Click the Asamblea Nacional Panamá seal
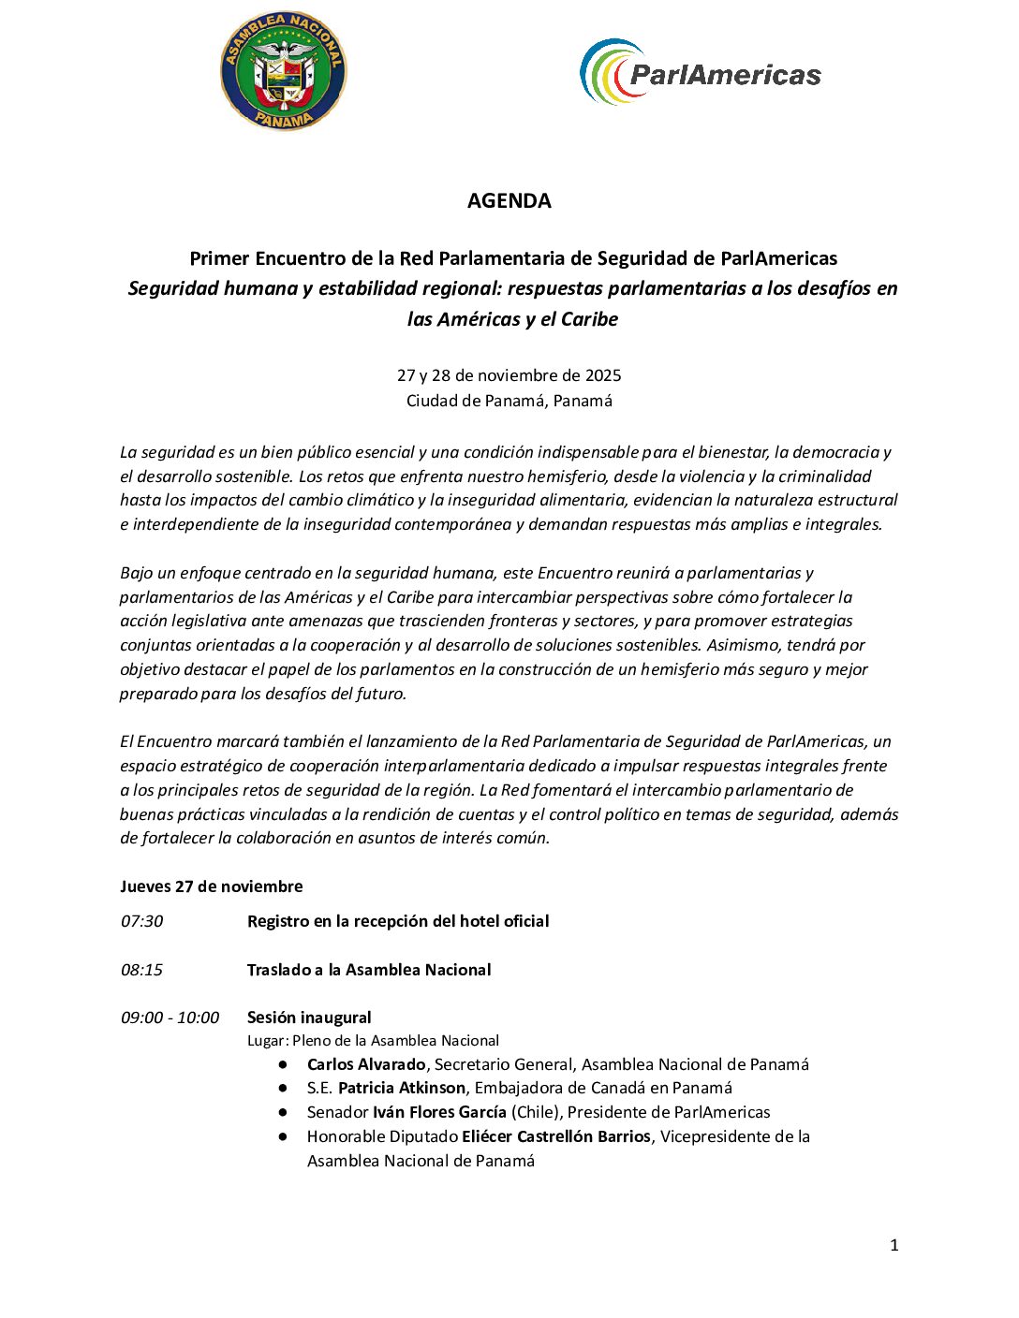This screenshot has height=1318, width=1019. point(283,72)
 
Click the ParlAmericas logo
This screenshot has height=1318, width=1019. point(700,72)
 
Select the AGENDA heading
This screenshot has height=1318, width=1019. point(509,200)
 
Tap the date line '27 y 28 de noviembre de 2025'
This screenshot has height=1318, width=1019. point(509,375)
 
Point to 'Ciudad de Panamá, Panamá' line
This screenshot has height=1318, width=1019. point(509,401)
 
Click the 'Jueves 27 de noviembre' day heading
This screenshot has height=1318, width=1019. point(211,886)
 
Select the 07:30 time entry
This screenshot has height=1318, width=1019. point(141,921)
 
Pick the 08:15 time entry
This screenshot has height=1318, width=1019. point(141,970)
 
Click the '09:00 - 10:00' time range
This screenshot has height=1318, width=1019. point(170,1018)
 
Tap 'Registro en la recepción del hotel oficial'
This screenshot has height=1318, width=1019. point(398,921)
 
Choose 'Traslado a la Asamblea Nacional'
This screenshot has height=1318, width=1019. point(369,970)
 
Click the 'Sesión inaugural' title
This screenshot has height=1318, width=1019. point(309,1018)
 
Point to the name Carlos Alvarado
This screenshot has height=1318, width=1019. point(366,1064)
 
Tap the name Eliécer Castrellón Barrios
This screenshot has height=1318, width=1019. point(555,1136)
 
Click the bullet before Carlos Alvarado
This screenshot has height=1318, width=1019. point(282,1064)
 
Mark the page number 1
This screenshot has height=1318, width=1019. point(893,1245)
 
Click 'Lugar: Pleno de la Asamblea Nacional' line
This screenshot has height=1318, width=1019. point(373,1041)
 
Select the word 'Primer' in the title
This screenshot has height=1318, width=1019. point(219,258)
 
